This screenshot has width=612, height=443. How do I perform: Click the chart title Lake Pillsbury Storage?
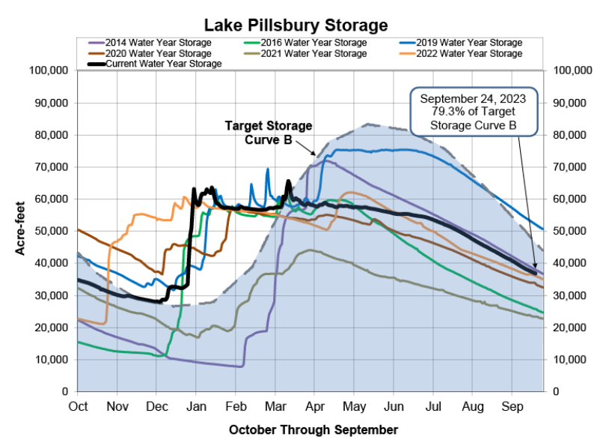click(306, 25)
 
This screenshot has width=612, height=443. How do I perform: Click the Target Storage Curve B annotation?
click(269, 132)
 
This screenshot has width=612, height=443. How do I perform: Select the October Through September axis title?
click(313, 430)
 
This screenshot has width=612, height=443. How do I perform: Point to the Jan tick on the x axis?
click(196, 406)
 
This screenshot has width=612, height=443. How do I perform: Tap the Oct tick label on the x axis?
click(78, 406)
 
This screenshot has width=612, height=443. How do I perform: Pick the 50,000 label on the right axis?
click(572, 232)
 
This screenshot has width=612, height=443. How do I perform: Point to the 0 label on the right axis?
click(557, 392)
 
